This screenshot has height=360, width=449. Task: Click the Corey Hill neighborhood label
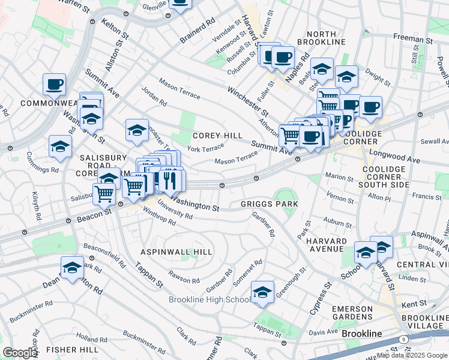pos(217,136)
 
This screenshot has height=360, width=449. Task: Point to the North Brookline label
pos(325,38)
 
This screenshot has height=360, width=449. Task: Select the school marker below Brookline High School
pos(262,292)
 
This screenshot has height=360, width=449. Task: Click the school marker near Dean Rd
pos(72,268)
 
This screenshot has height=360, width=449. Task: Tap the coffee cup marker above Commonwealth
pos(55,85)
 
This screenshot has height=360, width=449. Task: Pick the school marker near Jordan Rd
pos(137,130)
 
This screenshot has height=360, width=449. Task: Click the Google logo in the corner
pos(20,353)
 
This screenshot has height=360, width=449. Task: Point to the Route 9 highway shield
pos(403,340)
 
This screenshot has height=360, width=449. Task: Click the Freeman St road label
pos(409,37)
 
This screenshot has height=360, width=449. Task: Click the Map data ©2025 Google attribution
pos(412,355)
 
